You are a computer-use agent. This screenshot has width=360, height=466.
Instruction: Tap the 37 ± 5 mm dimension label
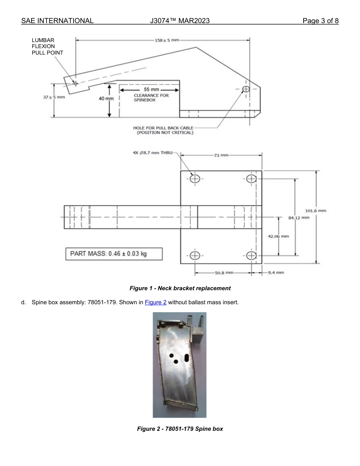tap(54, 97)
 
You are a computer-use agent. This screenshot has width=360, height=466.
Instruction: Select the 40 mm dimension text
tap(106, 99)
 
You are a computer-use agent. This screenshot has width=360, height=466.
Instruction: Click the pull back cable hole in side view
tap(246, 89)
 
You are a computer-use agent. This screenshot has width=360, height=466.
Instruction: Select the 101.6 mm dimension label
tap(315, 211)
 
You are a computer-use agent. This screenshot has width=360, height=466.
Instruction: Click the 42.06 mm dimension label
tap(278, 236)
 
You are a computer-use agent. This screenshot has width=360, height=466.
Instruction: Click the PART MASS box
tap(114, 254)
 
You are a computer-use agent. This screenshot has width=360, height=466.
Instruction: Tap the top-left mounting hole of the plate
tap(195, 179)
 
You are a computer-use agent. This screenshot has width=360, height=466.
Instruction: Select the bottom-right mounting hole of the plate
tap(251, 256)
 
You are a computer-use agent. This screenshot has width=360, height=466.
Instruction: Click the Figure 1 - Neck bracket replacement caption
tap(180, 288)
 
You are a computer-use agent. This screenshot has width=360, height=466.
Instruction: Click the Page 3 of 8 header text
tap(320, 21)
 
